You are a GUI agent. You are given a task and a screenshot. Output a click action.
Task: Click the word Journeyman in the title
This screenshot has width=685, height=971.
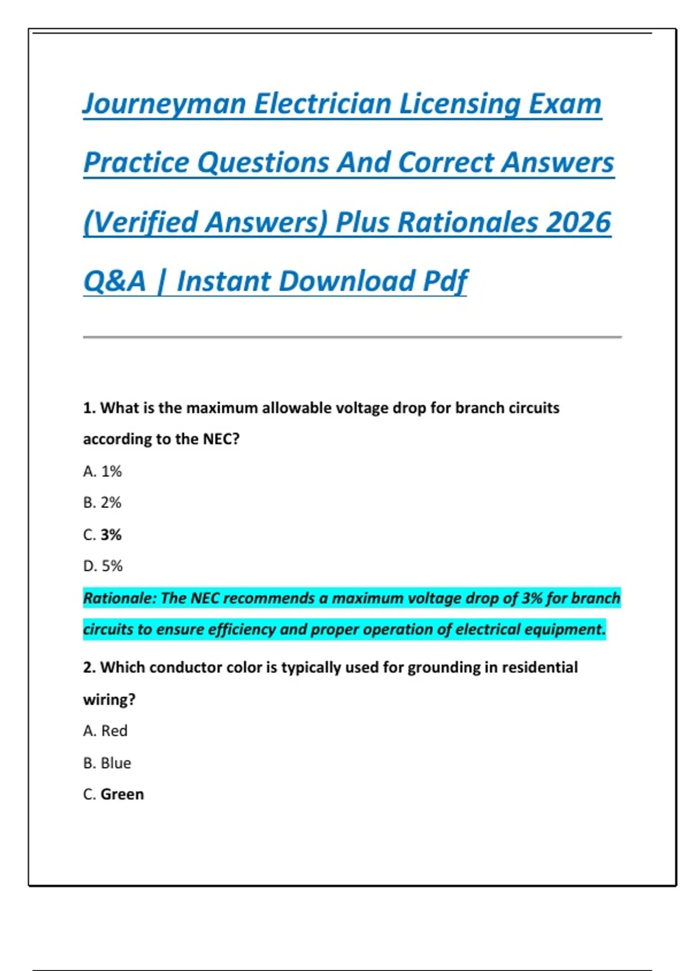(x=164, y=105)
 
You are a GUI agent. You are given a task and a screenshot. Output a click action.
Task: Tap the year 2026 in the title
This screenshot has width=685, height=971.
(x=578, y=222)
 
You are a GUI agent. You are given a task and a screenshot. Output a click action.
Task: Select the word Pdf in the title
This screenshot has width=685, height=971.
(x=445, y=282)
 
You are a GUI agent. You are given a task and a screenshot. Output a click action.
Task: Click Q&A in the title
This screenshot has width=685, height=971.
(x=115, y=282)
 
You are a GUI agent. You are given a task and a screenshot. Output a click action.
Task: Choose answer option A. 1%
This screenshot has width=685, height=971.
(x=102, y=471)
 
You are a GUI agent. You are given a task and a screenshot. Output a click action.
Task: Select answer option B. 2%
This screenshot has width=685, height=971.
(x=102, y=503)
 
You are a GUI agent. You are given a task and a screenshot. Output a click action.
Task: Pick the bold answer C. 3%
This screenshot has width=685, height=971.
(x=102, y=535)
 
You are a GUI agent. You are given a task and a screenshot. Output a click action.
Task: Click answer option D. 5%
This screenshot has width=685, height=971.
(x=103, y=566)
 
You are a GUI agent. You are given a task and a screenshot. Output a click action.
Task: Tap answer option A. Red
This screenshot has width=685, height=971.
(x=105, y=731)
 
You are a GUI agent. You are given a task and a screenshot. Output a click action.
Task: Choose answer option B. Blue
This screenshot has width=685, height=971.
(x=107, y=763)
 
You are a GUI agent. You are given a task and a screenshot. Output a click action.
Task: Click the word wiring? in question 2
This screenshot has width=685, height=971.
(x=109, y=699)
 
